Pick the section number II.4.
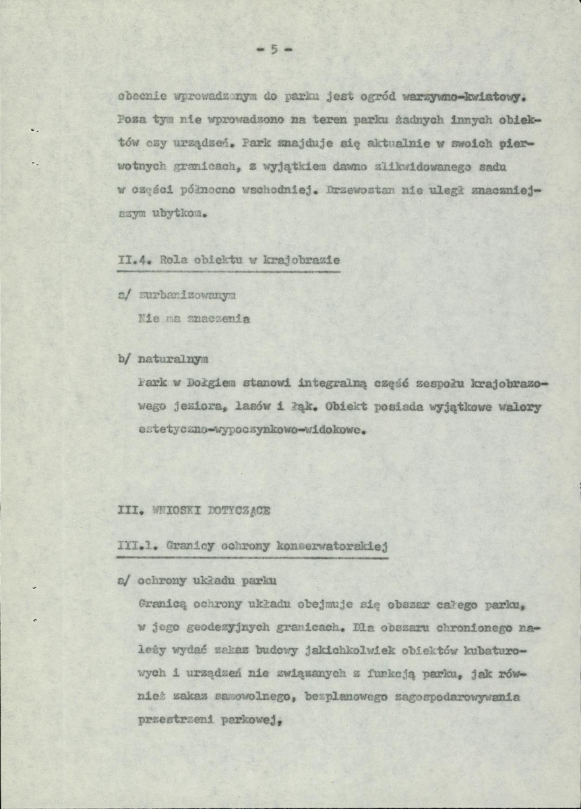131,260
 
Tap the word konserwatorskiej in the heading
337,545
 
